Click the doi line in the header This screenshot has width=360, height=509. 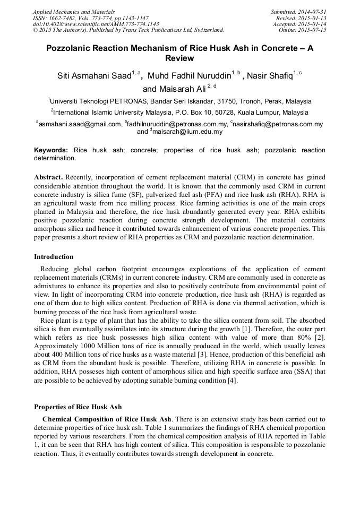click(x=96, y=24)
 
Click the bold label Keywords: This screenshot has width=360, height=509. click(x=51, y=150)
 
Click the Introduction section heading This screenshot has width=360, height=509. click(x=55, y=256)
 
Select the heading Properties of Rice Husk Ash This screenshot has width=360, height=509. click(x=78, y=407)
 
